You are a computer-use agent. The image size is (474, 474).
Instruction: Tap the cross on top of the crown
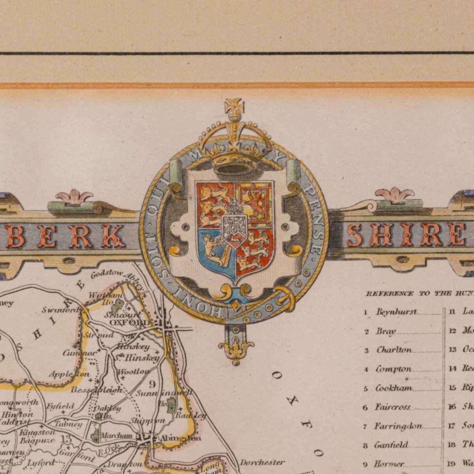pyautogui.click(x=234, y=107)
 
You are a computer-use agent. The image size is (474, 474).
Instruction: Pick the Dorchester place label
pyautogui.click(x=262, y=462)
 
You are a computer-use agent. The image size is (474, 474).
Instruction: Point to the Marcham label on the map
pyautogui.click(x=117, y=435)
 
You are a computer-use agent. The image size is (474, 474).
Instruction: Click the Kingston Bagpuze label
pyautogui.click(x=37, y=436)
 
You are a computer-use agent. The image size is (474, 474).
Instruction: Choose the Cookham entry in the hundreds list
pyautogui.click(x=393, y=388)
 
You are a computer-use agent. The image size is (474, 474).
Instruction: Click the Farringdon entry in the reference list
pyautogui.click(x=398, y=427)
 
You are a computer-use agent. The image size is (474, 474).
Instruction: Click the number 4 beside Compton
pyautogui.click(x=366, y=370)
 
